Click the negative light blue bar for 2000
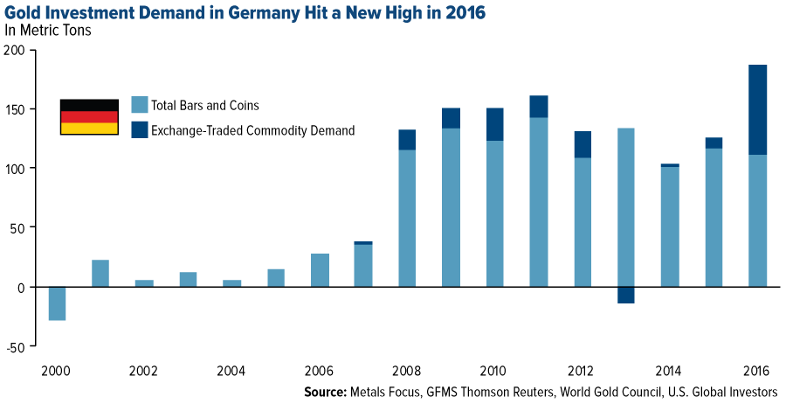pos(58,303)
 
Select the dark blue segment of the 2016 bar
pos(757,109)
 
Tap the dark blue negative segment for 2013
pos(626,295)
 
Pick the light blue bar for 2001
pos(100,273)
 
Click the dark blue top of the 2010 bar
pos(495,124)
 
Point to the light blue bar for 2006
pos(320,270)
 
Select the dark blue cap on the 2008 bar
pos(407,140)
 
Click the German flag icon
pos(89,117)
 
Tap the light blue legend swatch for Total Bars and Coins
pos(139,105)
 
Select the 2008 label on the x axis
pos(407,368)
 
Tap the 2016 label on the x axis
pos(756,368)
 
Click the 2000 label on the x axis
pos(57,368)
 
